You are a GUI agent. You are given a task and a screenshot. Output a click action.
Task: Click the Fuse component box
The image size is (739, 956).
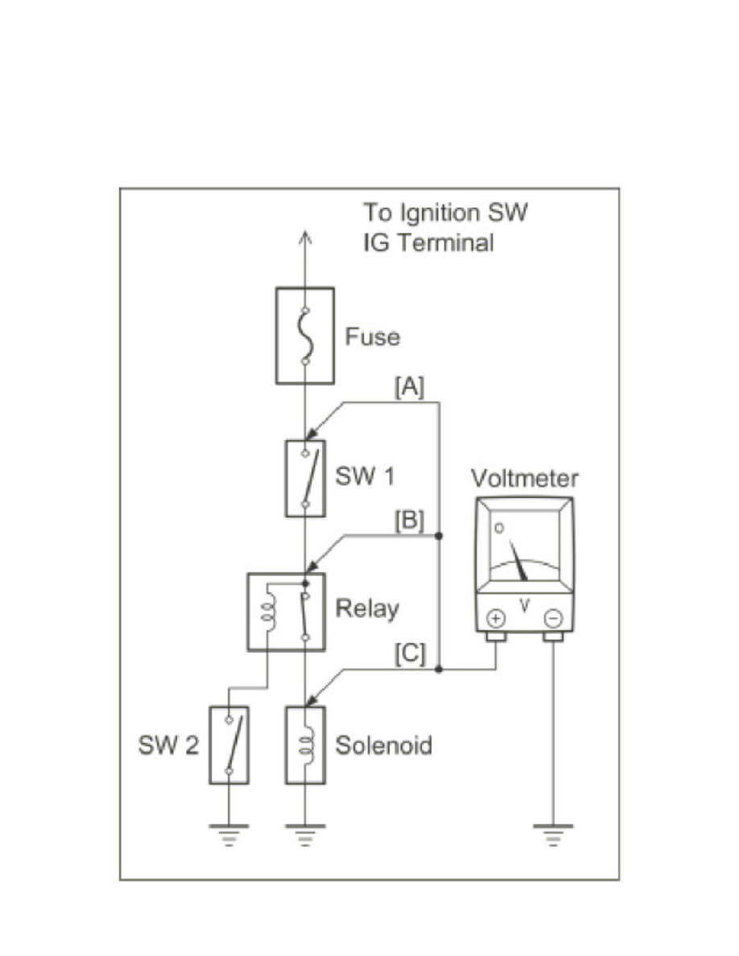pyautogui.click(x=305, y=336)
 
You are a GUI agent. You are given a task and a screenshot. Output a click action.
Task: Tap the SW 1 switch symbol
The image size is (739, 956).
pyautogui.click(x=305, y=478)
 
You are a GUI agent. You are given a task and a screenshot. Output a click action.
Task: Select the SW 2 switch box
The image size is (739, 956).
pyautogui.click(x=229, y=744)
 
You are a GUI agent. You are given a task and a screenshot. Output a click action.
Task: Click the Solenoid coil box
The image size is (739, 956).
pyautogui.click(x=305, y=744)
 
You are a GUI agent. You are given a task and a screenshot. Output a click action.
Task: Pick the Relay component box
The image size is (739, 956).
pyautogui.click(x=287, y=612)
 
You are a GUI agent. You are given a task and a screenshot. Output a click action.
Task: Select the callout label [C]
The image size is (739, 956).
pyautogui.click(x=409, y=654)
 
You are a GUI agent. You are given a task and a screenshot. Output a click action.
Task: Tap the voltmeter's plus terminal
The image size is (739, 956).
pyautogui.click(x=496, y=618)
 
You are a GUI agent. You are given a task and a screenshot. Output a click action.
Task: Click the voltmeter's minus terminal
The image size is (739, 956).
pyautogui.click(x=553, y=618)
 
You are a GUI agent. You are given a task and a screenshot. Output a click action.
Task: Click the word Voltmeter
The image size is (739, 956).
pyautogui.click(x=524, y=479)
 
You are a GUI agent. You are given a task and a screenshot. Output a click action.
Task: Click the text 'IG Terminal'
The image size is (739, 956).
pyautogui.click(x=428, y=242)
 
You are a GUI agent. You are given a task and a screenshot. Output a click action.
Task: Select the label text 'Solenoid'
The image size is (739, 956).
pyautogui.click(x=384, y=746)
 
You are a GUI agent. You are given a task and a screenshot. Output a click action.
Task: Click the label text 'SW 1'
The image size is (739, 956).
pyautogui.click(x=365, y=476)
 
